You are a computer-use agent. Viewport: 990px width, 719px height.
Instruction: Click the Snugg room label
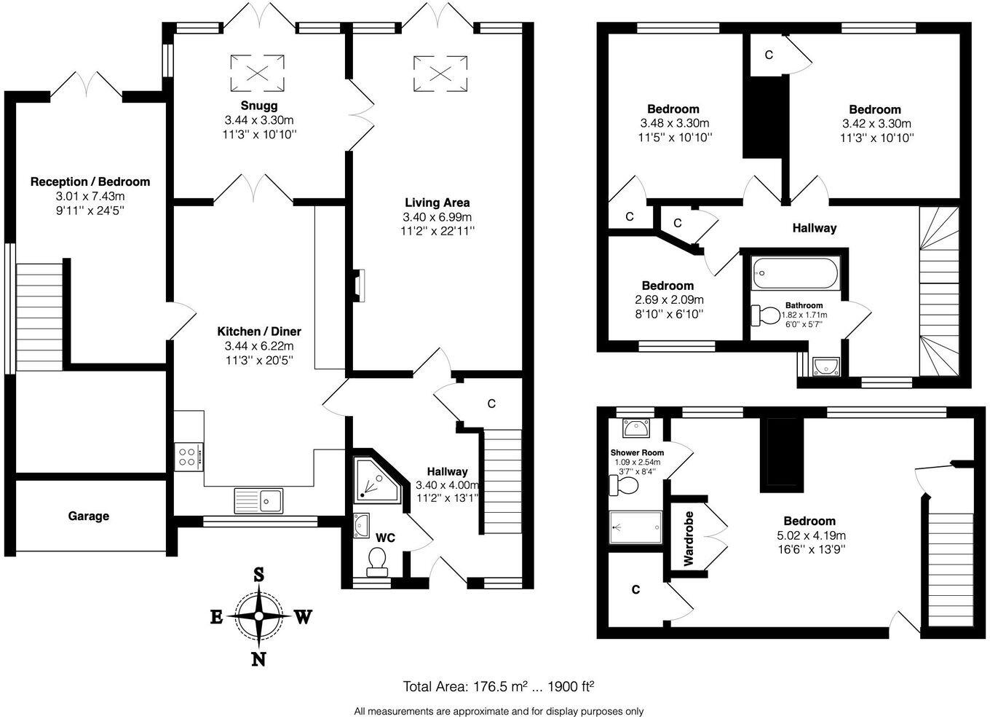point(258,106)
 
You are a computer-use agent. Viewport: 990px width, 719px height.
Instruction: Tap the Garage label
point(89,516)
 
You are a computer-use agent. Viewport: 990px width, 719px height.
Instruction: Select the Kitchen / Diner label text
point(259,331)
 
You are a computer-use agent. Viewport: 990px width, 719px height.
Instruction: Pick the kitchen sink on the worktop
point(259,500)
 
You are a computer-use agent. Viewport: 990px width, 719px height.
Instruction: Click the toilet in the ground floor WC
point(377,561)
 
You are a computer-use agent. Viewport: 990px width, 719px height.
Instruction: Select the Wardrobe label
point(688,538)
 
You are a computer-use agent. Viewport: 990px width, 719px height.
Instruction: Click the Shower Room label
point(637,452)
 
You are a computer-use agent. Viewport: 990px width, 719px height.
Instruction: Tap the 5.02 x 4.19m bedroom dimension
point(809,535)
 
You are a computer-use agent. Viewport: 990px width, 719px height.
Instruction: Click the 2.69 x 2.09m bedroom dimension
point(668,299)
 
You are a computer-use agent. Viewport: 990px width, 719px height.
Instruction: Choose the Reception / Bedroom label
point(90,181)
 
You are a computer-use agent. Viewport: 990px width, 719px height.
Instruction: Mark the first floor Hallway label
point(814,228)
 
